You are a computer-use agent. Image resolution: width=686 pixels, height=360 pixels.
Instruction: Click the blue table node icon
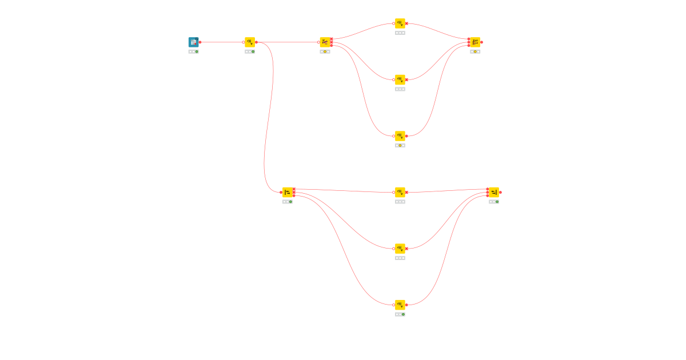[193, 42]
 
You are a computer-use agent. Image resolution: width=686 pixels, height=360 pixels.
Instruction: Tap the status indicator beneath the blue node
[193, 51]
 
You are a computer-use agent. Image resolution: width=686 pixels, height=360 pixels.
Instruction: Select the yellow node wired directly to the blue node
[250, 42]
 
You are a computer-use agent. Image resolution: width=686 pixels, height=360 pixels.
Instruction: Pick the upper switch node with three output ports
[325, 42]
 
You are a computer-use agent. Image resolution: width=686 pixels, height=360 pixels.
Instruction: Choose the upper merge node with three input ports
[475, 42]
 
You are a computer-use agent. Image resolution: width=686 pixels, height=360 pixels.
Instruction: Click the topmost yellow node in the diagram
[400, 23]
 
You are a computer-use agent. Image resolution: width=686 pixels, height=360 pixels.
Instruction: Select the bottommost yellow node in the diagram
[400, 305]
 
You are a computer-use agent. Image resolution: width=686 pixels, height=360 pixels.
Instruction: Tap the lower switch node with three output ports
[287, 193]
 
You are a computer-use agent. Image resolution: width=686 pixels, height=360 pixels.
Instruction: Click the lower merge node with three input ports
[493, 193]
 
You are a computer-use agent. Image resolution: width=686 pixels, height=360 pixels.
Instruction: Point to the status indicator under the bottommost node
[400, 314]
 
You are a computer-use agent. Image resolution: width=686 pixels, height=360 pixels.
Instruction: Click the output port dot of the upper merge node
[482, 42]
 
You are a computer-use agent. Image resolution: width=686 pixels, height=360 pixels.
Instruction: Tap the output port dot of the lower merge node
[500, 193]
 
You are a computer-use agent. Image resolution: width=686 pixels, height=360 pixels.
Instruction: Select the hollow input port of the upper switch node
[318, 42]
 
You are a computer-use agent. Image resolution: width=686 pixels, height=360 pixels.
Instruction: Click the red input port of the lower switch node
[281, 193]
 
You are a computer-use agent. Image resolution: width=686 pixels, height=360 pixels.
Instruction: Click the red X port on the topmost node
[406, 23]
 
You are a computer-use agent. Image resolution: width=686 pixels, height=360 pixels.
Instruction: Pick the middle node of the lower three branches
[400, 249]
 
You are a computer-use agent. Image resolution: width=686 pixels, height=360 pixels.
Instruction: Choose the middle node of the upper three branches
[400, 79]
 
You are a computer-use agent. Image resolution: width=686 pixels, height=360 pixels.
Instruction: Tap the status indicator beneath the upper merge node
[475, 51]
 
